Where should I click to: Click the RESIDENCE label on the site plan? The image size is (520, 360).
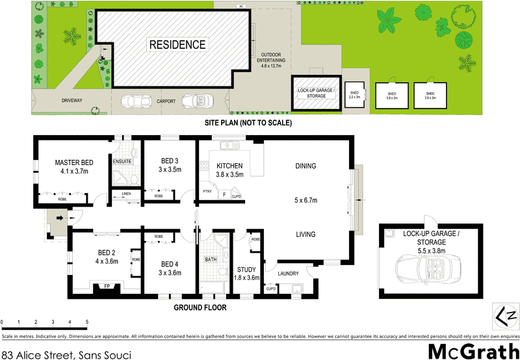coord(178,45)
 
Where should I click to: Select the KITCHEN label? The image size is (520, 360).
coord(229,166)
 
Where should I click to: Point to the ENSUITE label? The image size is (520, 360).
coord(122,161)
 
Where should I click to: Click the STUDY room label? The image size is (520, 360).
coord(246,269)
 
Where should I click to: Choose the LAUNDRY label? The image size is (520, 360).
coord(289,273)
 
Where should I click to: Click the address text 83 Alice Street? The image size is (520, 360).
coord(39,354)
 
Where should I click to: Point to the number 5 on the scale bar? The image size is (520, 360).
coord(86,322)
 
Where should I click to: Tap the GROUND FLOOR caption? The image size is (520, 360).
coord(200,307)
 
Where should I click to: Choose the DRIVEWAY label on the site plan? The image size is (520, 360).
coord(71,101)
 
